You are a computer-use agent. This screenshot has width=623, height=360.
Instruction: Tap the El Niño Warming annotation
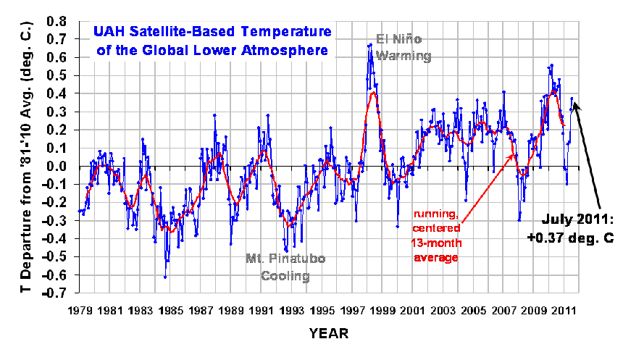404,47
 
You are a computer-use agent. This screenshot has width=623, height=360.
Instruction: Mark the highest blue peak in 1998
370,44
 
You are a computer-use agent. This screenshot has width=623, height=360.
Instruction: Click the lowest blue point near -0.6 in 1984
165,277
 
